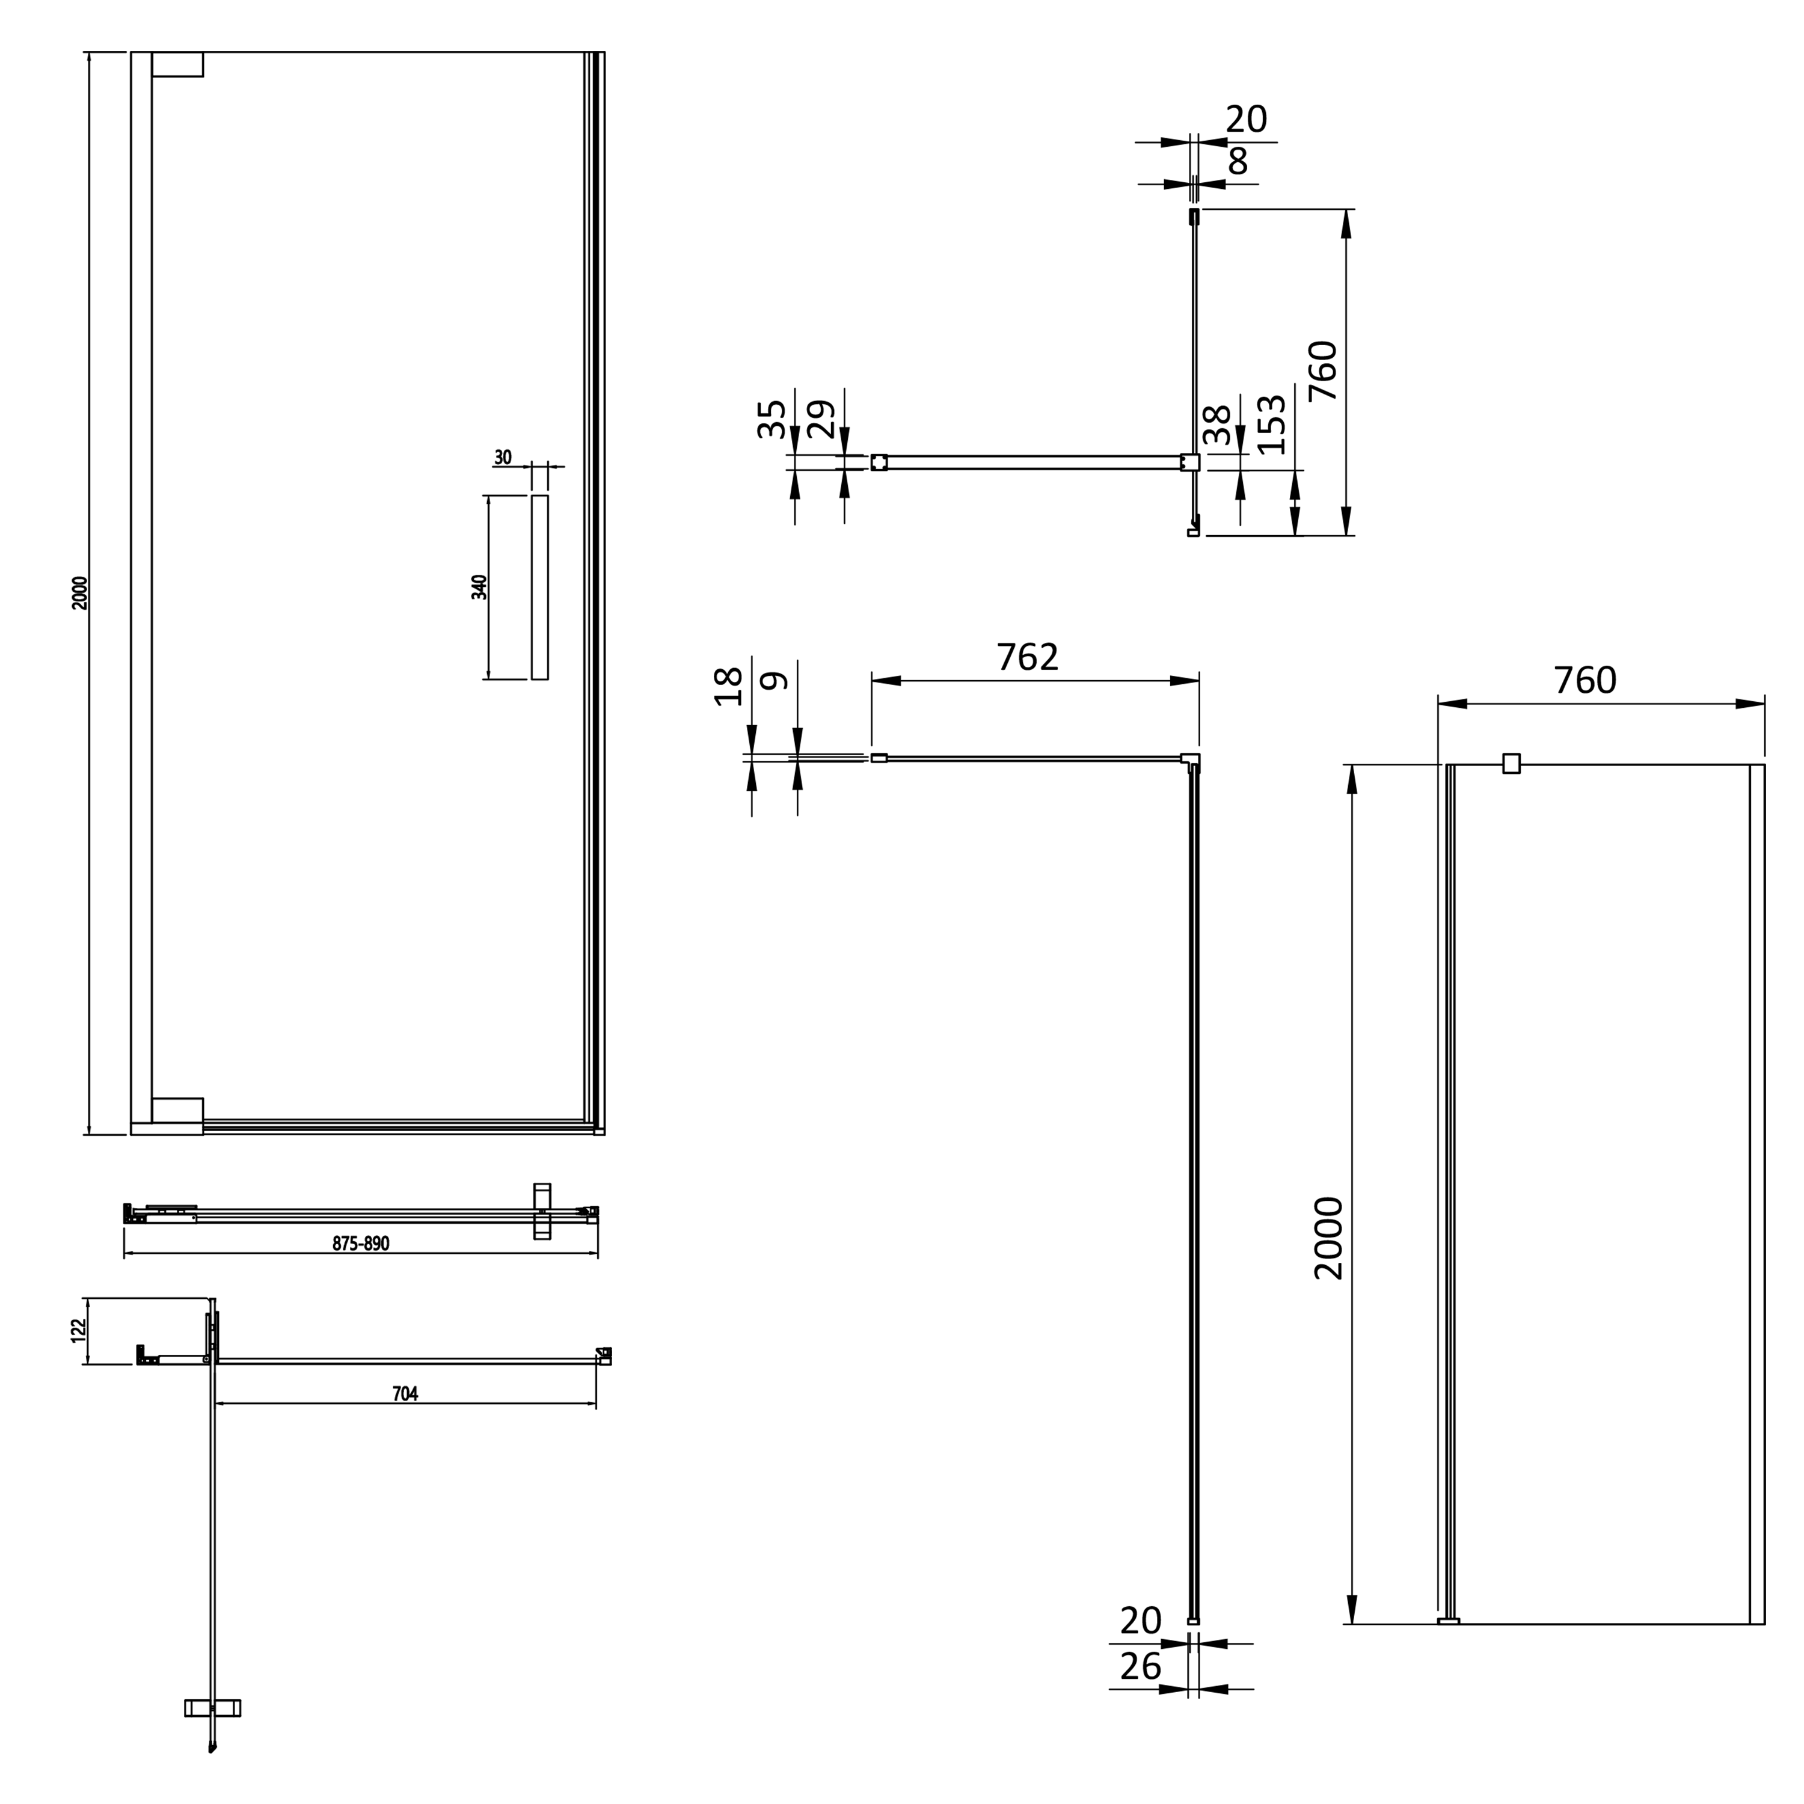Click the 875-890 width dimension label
[360, 1243]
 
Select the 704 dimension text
[404, 1393]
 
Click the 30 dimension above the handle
[502, 458]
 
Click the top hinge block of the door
[177, 64]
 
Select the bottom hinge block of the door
[177, 1109]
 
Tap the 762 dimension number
[1027, 657]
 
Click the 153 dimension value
[1272, 425]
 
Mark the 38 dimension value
[1216, 425]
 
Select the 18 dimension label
[728, 686]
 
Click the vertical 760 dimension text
[1323, 370]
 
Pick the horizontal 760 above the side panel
[1585, 681]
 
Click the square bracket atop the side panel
[1511, 764]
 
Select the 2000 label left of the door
[81, 593]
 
